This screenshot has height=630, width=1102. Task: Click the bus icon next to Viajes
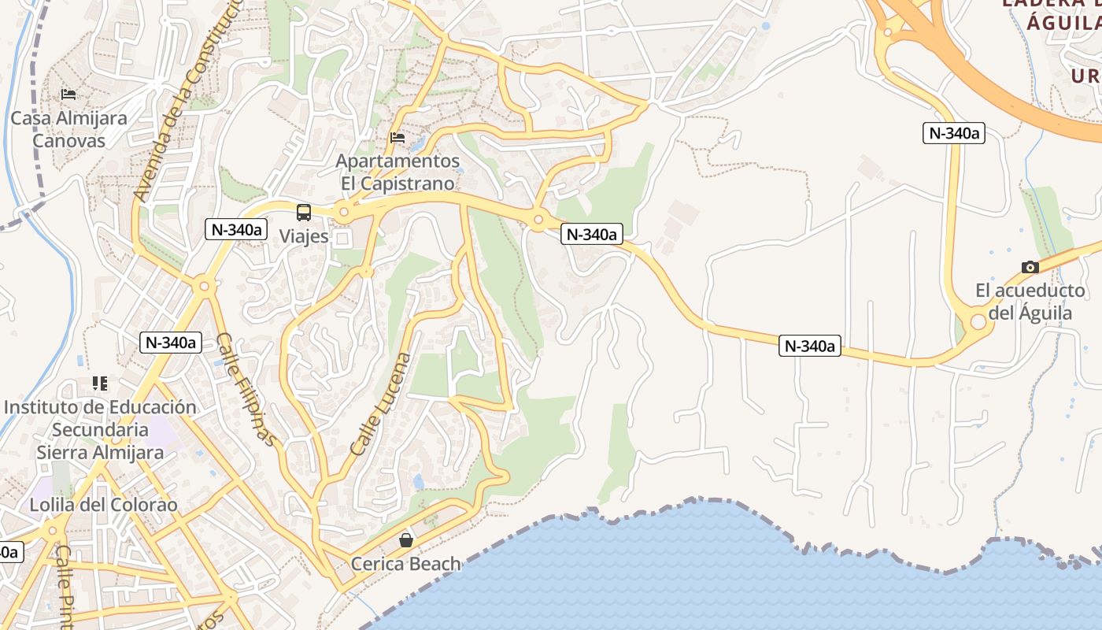pyautogui.click(x=304, y=212)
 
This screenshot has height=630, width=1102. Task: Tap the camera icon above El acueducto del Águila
pyautogui.click(x=1030, y=267)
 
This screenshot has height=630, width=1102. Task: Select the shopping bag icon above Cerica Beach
pyautogui.click(x=406, y=540)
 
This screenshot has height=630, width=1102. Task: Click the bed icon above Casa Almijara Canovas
pyautogui.click(x=68, y=94)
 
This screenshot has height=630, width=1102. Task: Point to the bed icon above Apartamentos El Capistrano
pyautogui.click(x=398, y=137)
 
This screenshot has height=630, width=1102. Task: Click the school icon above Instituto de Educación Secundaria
pyautogui.click(x=99, y=384)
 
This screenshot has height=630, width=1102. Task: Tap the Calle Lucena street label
pyautogui.click(x=382, y=405)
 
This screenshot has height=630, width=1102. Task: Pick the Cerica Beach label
pyautogui.click(x=406, y=564)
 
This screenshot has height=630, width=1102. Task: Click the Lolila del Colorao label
pyautogui.click(x=104, y=505)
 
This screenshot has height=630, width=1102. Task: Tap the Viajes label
pyautogui.click(x=304, y=235)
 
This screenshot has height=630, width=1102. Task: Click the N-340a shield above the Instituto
pyautogui.click(x=171, y=342)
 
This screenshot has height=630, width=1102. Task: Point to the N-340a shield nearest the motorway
pyautogui.click(x=953, y=133)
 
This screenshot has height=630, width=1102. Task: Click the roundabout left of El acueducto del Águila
pyautogui.click(x=978, y=321)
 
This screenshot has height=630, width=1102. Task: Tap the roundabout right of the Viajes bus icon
pyautogui.click(x=343, y=212)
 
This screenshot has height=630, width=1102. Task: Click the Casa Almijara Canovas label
pyautogui.click(x=69, y=130)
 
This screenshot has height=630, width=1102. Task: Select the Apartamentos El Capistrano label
pyautogui.click(x=398, y=172)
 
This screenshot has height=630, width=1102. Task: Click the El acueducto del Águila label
pyautogui.click(x=1030, y=302)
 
